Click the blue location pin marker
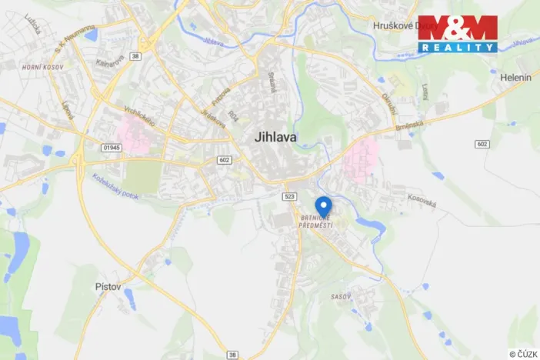(324, 206)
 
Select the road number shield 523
(289, 197)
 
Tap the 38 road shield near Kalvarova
(135, 55)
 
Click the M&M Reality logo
(458, 34)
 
